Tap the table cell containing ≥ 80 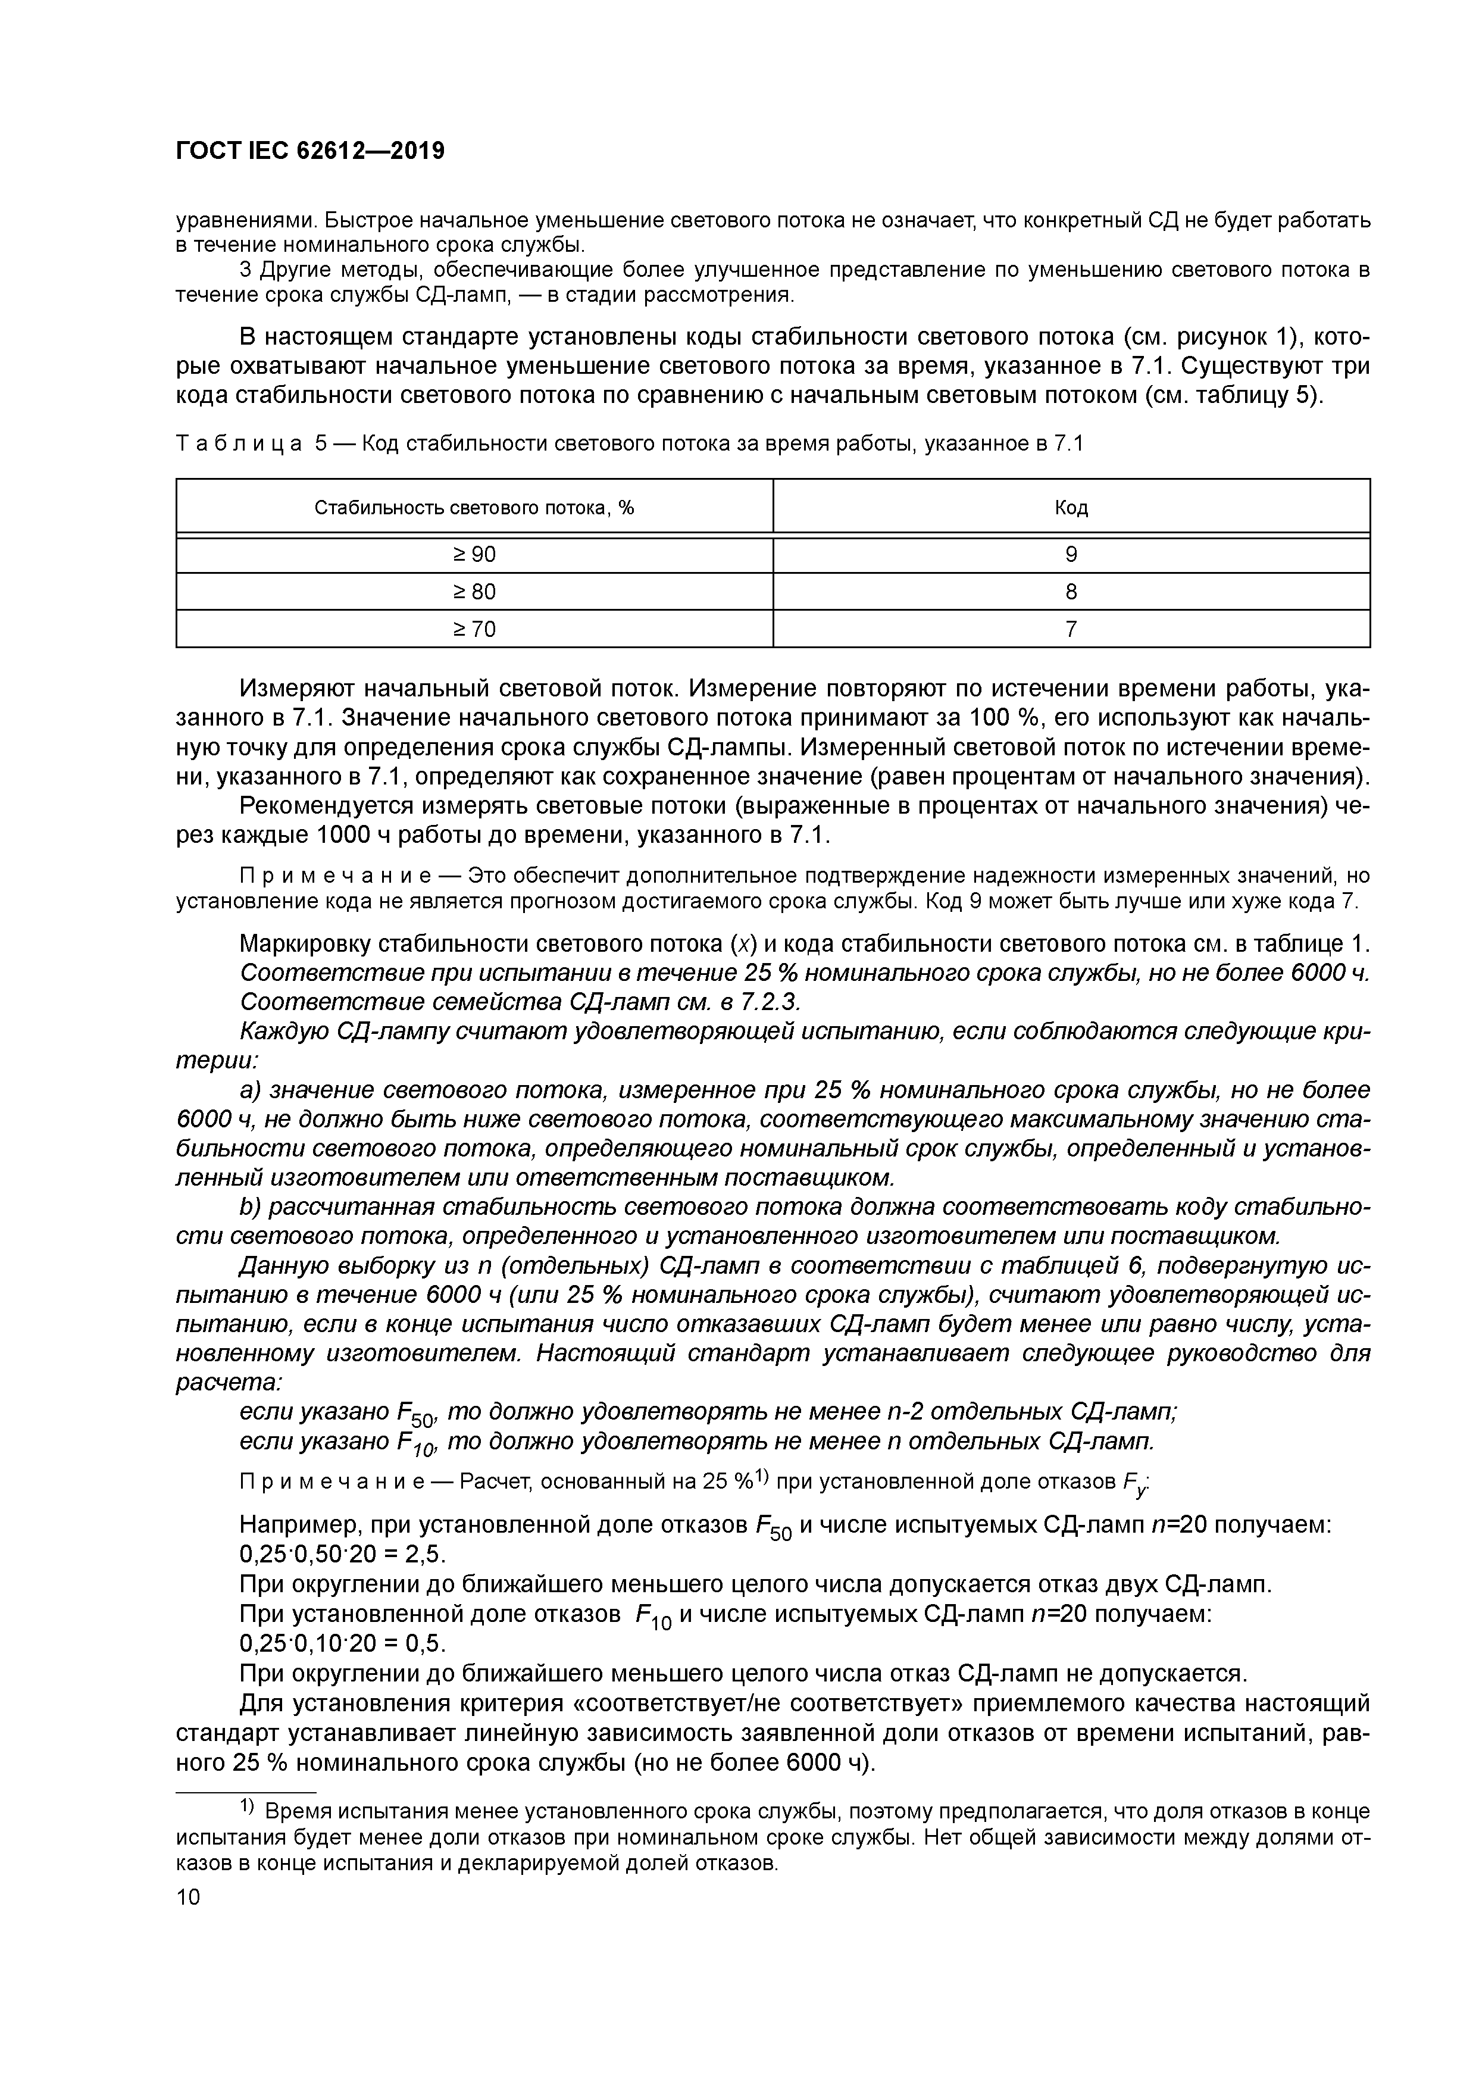474,592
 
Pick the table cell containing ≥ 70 474,629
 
